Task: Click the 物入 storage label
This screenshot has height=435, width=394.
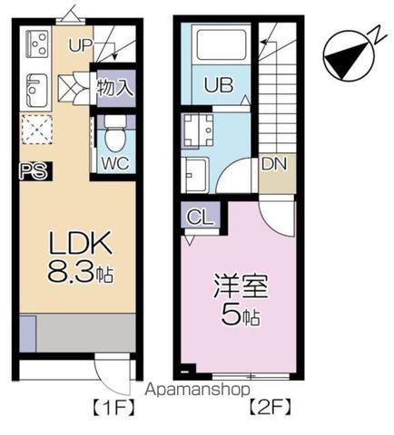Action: click(115, 88)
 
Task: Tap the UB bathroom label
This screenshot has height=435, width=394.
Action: click(218, 86)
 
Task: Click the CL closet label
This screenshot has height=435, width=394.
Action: click(196, 217)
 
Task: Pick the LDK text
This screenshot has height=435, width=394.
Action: click(79, 243)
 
